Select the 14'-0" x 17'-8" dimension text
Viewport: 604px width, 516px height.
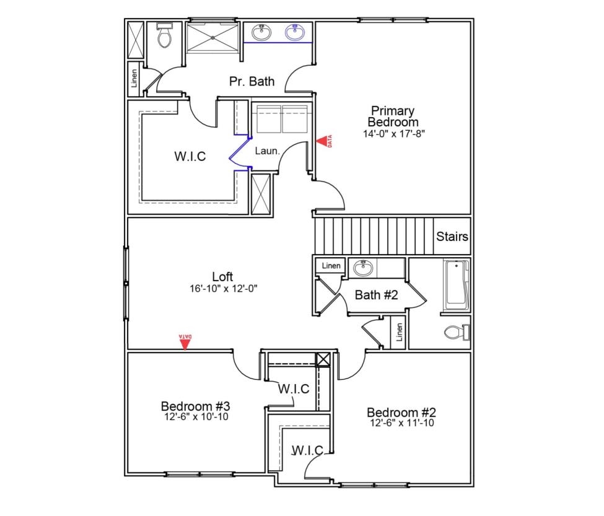pos(394,133)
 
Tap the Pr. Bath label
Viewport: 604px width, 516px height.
pos(252,81)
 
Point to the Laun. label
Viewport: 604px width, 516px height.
pos(268,151)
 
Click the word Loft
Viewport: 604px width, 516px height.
pos(222,277)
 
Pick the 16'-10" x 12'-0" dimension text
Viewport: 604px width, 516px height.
pos(223,288)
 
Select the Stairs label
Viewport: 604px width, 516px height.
pos(452,237)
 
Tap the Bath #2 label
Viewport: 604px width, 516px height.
pos(375,295)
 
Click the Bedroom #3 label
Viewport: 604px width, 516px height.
pos(196,406)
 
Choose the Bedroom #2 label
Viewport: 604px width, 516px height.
pos(402,413)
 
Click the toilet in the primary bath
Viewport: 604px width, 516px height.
pos(164,38)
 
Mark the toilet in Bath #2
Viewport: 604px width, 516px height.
pos(457,333)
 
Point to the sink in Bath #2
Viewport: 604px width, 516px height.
pos(362,269)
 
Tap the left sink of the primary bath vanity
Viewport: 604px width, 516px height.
pos(261,32)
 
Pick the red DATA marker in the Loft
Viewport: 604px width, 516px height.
pos(185,341)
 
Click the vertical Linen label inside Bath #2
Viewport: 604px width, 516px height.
pos(400,332)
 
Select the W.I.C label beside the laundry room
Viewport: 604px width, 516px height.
pos(190,157)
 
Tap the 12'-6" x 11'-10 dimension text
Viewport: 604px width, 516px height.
pos(402,423)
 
